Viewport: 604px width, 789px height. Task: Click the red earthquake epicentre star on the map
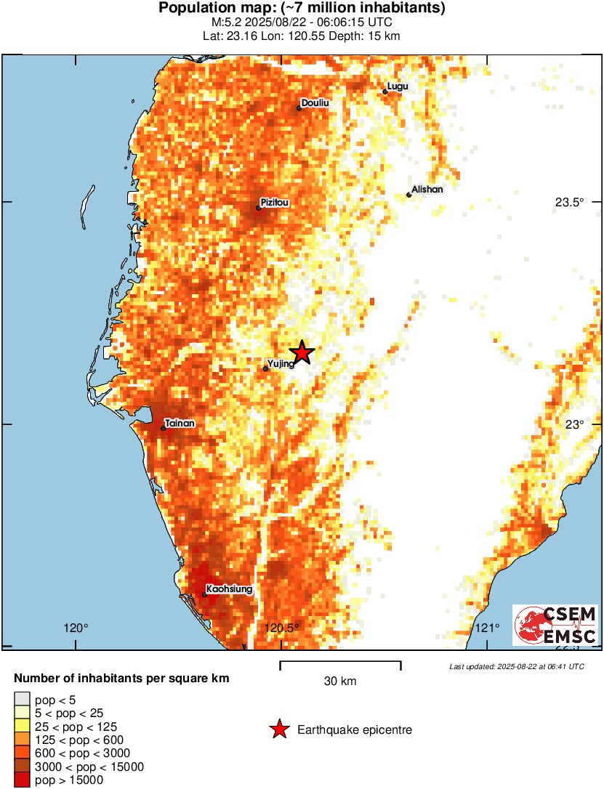(302, 352)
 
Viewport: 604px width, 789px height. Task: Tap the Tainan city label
(180, 422)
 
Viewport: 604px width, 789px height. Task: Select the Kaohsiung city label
(229, 589)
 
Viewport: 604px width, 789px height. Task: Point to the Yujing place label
(281, 363)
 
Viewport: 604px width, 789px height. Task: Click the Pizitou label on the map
(275, 203)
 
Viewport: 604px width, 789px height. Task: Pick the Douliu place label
(315, 103)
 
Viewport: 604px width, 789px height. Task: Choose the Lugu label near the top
(398, 86)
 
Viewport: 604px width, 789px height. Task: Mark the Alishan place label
(427, 190)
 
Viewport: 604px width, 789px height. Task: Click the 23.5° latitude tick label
(570, 203)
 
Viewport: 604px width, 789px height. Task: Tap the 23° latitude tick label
(575, 425)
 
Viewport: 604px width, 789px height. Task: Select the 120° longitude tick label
(76, 628)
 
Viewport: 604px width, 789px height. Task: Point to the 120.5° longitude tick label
(283, 628)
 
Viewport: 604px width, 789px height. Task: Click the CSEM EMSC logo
(555, 625)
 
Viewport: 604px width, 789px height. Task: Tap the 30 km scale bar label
(339, 681)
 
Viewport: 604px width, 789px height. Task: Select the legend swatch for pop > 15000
(22, 780)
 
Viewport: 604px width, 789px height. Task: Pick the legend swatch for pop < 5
(22, 700)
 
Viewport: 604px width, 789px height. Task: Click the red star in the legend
(279, 729)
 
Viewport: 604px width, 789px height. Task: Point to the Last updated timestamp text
(516, 666)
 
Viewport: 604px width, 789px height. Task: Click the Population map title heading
(302, 9)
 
